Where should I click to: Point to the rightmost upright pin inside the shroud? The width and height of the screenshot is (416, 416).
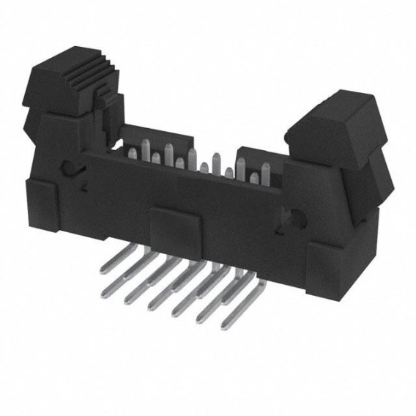tap(264, 176)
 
